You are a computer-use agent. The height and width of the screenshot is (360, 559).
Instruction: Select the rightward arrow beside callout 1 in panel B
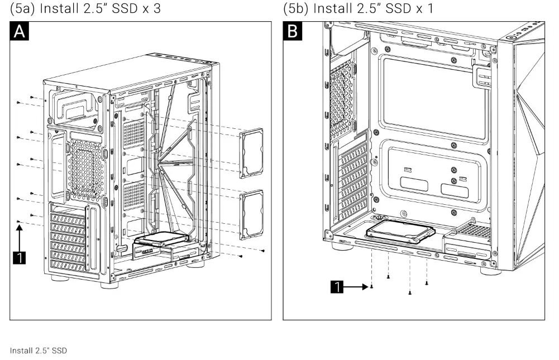(355, 287)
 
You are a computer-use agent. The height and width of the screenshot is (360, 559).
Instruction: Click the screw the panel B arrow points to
(372, 287)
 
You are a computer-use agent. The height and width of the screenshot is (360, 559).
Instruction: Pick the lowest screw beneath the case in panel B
(410, 292)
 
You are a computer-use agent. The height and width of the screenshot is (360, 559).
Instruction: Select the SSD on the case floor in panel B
(400, 231)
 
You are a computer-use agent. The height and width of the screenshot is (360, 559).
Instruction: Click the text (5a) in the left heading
(23, 9)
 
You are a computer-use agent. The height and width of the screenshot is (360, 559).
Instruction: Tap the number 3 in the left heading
(163, 9)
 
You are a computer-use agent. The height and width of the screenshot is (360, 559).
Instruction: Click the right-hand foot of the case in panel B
(490, 272)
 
